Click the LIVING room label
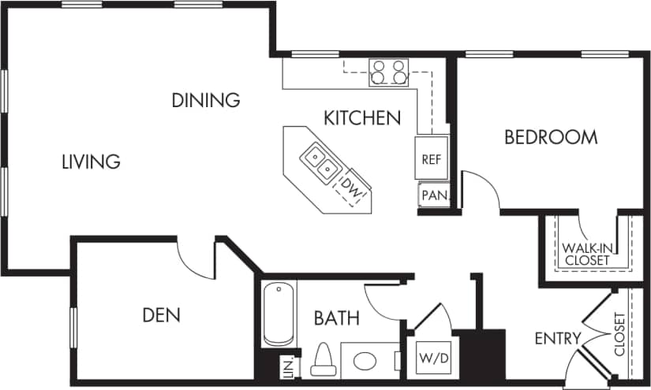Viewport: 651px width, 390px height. [x=91, y=162]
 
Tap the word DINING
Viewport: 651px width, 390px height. [x=206, y=100]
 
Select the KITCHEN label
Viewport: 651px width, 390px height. [x=362, y=118]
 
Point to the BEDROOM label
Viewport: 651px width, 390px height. [x=551, y=137]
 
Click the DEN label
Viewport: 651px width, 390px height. [x=161, y=315]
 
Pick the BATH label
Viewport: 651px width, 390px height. [x=337, y=318]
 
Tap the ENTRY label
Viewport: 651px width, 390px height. [x=557, y=339]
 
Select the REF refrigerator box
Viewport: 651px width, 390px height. [x=431, y=158]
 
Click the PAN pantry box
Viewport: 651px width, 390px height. [x=433, y=195]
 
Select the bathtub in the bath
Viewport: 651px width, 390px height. [x=279, y=314]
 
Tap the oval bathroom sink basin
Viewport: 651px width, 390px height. [x=365, y=362]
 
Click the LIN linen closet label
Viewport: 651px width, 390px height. [x=288, y=367]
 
